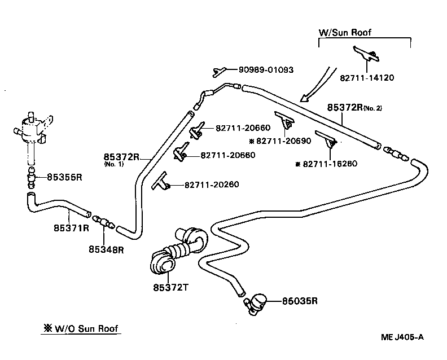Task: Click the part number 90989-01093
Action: [266, 70]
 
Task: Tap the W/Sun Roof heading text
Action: [346, 32]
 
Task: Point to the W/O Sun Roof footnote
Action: [81, 329]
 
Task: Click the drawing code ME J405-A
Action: [402, 337]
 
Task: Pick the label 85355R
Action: [64, 177]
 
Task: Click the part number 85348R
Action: [106, 248]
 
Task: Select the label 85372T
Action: [170, 288]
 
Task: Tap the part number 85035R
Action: [300, 301]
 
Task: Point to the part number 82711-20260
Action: [207, 185]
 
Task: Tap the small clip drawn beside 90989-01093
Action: [218, 71]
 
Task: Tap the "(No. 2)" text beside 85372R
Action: [373, 108]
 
